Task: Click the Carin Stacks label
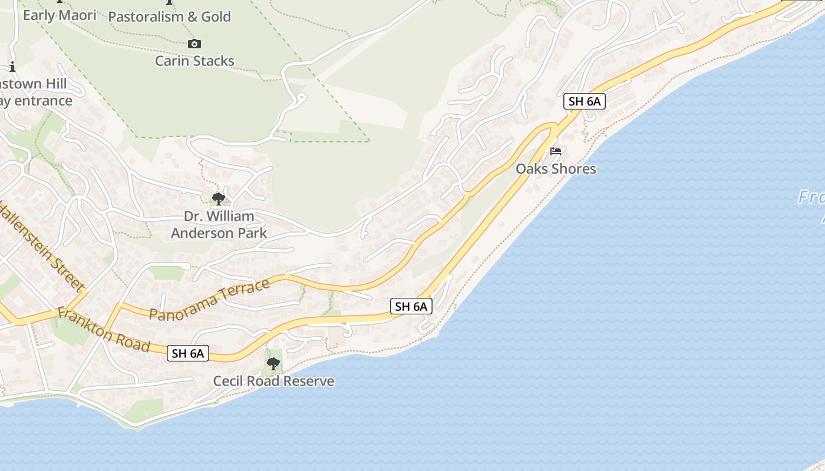[194, 61]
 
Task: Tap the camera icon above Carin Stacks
[194, 44]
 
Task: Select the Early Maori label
[60, 15]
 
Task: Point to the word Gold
[215, 16]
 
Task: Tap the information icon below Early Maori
[12, 66]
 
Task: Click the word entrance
[43, 101]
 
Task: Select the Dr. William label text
[219, 216]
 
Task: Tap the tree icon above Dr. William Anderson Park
[219, 198]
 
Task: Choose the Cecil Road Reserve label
[273, 381]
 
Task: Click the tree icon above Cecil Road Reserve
[273, 363]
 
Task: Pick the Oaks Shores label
[556, 169]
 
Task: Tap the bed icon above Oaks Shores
[556, 151]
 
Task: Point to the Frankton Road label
[104, 330]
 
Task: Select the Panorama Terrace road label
[209, 300]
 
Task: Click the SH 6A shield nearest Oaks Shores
[584, 101]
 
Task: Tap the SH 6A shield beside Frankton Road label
[189, 353]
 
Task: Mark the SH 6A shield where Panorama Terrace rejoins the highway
[411, 306]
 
